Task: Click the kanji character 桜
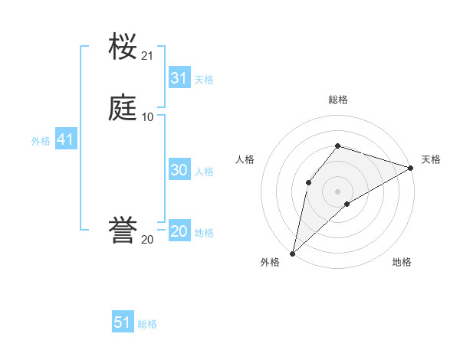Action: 123,47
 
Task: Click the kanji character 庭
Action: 123,107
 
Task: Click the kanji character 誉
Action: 123,231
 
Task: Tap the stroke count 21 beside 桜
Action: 147,56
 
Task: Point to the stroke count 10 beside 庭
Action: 147,116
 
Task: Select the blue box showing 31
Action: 179,78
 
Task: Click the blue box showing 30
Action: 179,171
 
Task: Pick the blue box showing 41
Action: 65,140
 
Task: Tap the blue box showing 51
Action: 123,322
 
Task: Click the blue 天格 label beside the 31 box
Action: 204,79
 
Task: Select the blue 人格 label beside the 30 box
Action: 204,172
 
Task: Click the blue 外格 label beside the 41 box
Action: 41,141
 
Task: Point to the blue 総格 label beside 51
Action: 147,324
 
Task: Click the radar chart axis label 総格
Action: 337,100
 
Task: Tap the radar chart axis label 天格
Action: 431,159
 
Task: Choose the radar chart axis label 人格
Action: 245,159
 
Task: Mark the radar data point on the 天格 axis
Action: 411,168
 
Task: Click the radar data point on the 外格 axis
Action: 292,253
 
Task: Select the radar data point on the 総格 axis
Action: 337,146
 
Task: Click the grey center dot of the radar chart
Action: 337,191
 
